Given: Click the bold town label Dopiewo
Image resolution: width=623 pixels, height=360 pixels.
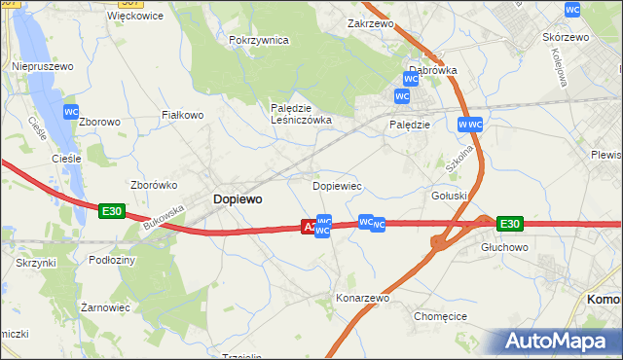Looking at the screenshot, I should (x=237, y=198).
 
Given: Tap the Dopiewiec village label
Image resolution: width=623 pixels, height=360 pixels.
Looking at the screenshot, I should (x=337, y=185).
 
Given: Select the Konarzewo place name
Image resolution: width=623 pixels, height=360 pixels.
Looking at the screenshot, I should (x=362, y=298).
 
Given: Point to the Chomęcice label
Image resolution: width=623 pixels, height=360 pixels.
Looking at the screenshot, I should (x=442, y=316).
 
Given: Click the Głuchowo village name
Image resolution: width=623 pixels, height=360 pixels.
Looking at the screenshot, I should (x=504, y=247).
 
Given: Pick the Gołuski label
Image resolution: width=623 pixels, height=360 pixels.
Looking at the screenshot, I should (x=450, y=195).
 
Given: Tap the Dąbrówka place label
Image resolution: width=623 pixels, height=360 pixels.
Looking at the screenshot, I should (x=432, y=71).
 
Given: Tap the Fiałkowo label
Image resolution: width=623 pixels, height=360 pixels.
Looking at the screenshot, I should (x=182, y=115).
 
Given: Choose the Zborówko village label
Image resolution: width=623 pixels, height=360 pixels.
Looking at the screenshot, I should (x=152, y=184).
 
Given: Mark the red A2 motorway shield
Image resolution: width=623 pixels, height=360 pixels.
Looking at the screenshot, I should (x=309, y=226).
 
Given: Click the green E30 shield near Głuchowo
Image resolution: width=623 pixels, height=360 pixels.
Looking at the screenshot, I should (x=509, y=224).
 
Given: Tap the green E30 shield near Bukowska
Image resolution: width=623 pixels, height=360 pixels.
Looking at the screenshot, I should (x=111, y=210).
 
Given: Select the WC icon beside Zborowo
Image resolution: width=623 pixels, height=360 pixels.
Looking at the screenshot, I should (x=71, y=112).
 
